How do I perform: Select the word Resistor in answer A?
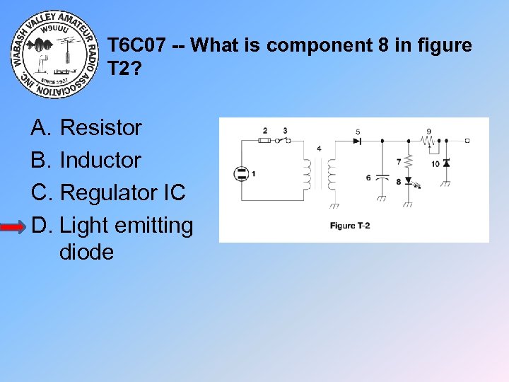[101, 128]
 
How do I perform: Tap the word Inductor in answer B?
[100, 161]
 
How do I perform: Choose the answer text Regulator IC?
[122, 193]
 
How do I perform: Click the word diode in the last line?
[86, 252]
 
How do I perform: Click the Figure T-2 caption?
[350, 226]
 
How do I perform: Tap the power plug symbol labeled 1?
[242, 173]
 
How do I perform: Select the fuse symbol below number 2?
[265, 141]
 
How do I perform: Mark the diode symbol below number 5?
[357, 141]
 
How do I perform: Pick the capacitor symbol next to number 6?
[382, 177]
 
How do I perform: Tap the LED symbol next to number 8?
[408, 182]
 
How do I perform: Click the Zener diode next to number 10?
[446, 164]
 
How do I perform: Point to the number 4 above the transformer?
[319, 149]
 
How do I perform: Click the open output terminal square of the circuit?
[467, 141]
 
